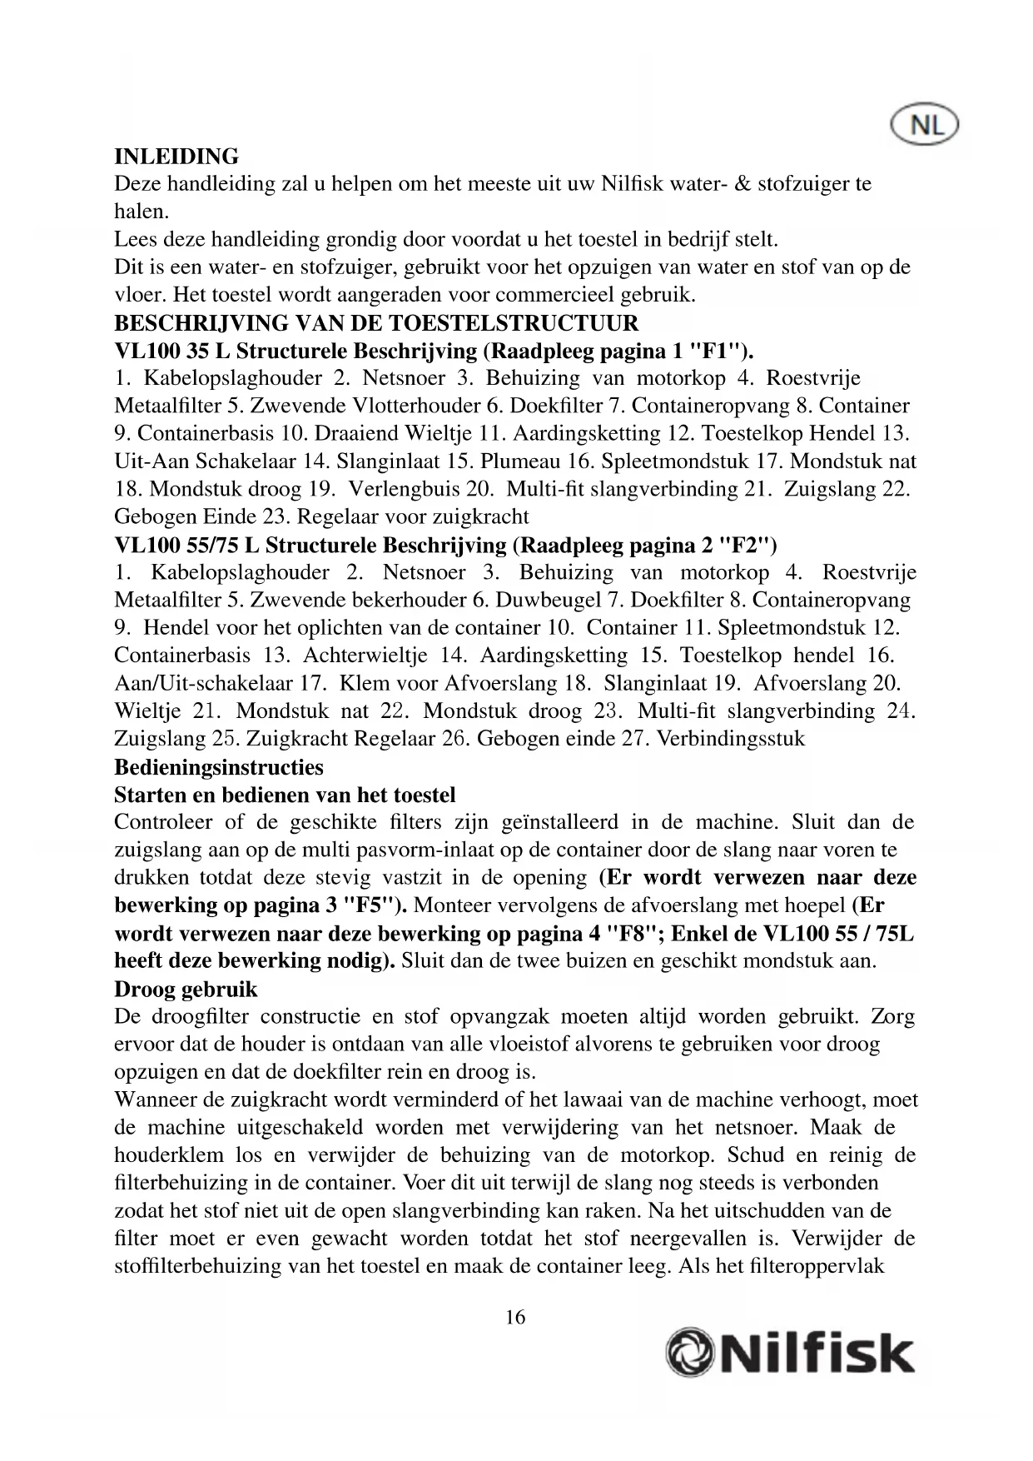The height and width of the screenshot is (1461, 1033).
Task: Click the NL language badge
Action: pos(924,126)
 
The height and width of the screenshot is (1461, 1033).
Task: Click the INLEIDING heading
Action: pos(176,157)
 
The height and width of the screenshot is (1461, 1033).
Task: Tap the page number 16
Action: pos(515,1317)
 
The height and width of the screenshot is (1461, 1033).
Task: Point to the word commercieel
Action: pos(579,295)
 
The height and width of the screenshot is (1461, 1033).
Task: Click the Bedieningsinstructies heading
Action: pos(219,766)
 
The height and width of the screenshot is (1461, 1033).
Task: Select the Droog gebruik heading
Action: pos(186,990)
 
